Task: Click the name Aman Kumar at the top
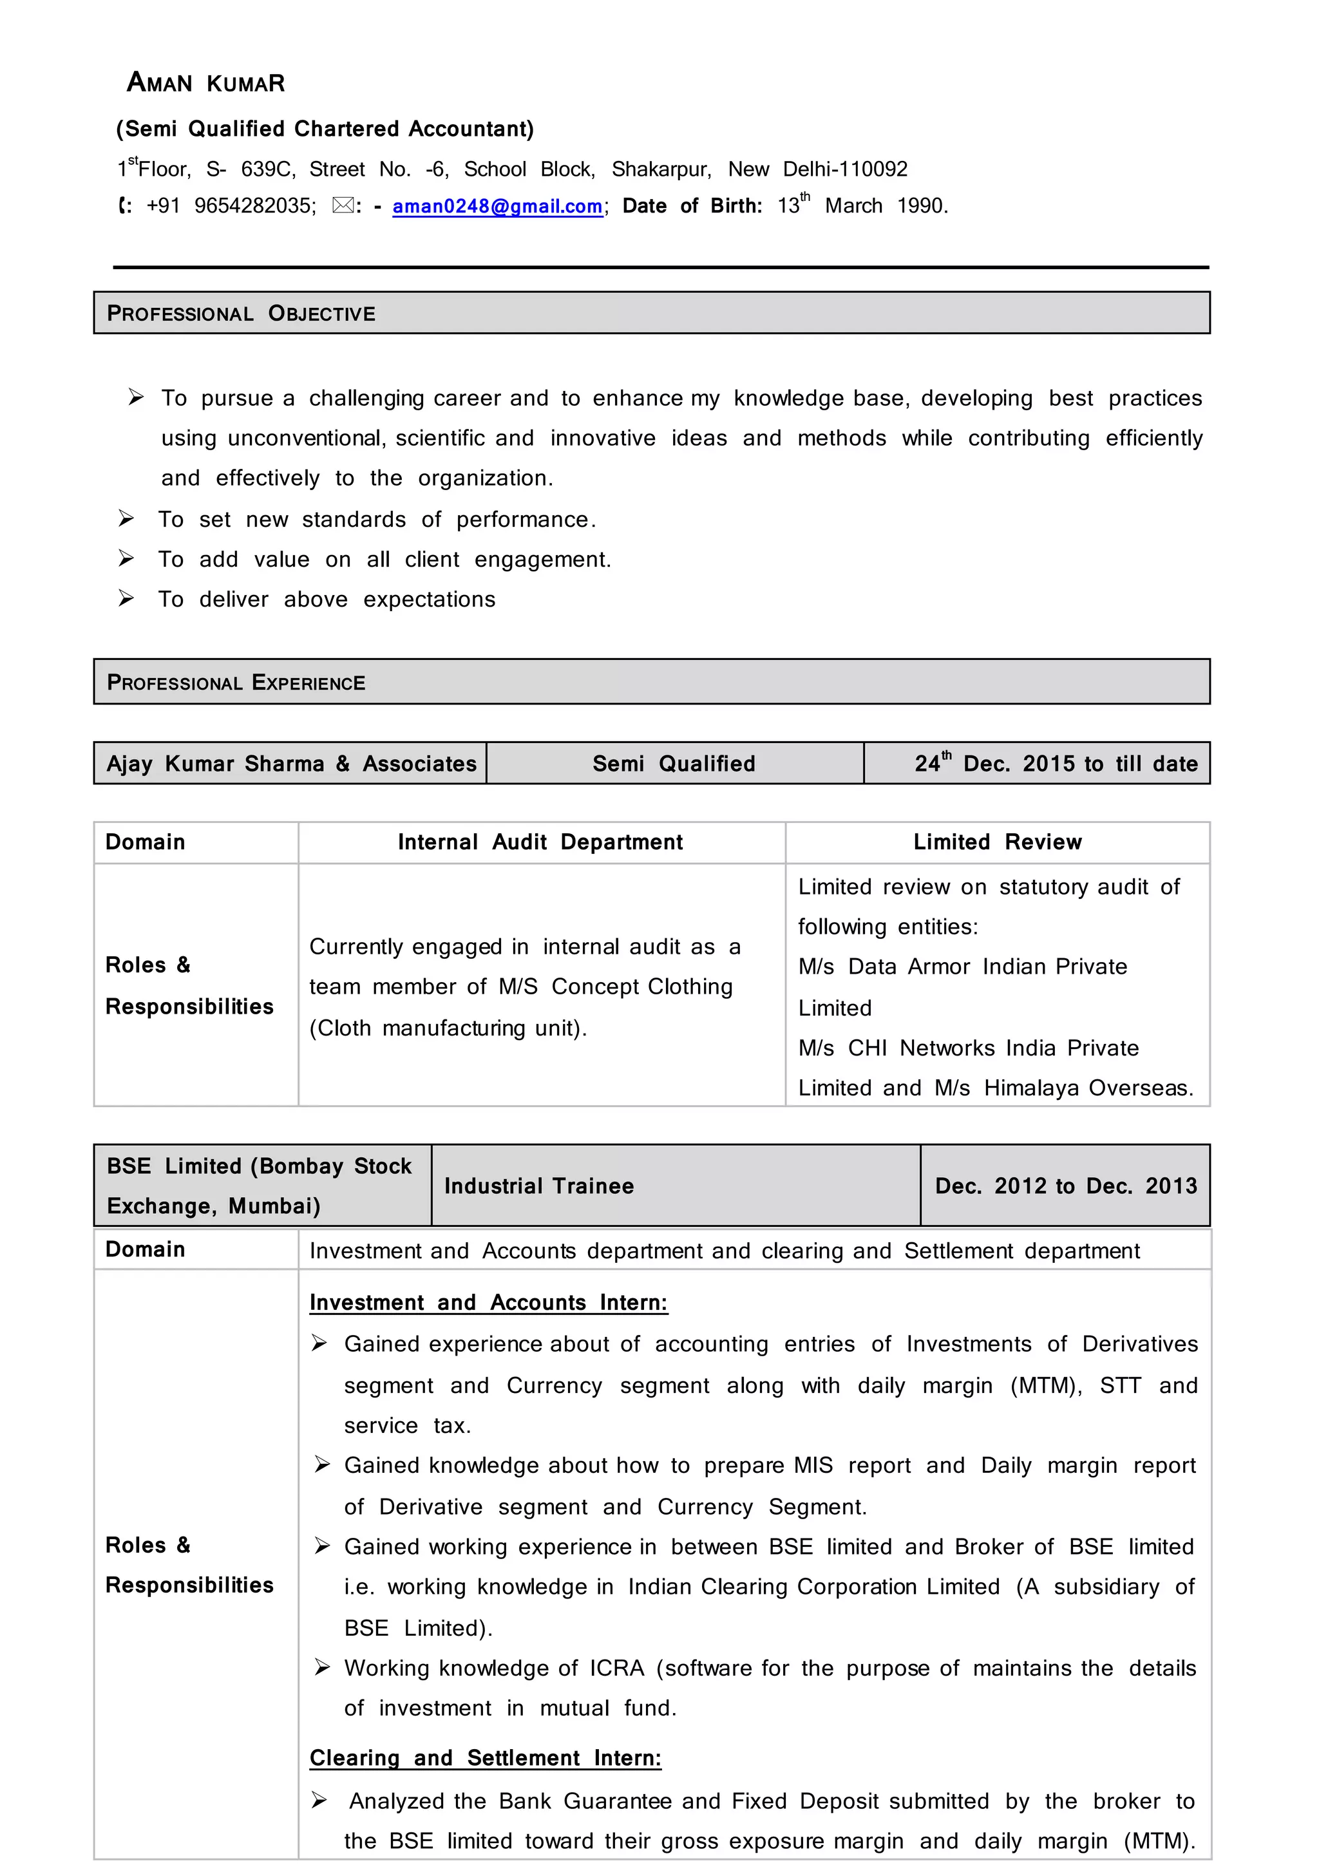pos(205,83)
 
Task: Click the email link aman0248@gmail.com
pos(497,206)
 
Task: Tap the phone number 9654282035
pos(252,206)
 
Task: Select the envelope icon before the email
pos(343,205)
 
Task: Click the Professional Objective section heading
pos(242,314)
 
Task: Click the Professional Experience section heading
pos(236,683)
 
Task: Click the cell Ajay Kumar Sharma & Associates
pos(290,764)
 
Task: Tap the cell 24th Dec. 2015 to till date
pos(1055,764)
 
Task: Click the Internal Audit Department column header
pos(540,842)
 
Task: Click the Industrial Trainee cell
pos(538,1186)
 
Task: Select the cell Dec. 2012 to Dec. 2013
pos(1066,1186)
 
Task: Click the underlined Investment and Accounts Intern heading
pos(488,1303)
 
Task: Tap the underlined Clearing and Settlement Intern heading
pos(485,1759)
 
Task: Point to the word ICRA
pos(616,1669)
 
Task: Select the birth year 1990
pos(921,206)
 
